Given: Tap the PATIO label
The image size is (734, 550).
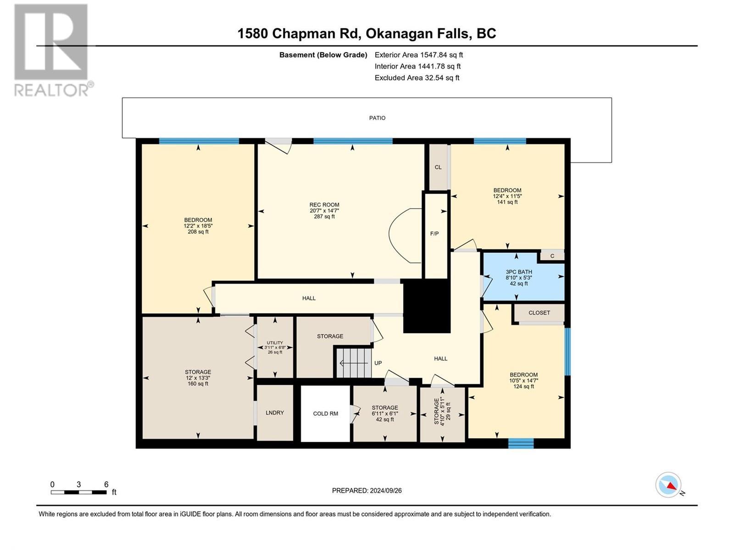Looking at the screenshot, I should (377, 118).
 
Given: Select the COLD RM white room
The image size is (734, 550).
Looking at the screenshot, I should (325, 413).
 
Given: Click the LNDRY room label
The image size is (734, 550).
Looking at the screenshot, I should (274, 412).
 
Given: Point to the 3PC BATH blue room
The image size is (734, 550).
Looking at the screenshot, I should (519, 278).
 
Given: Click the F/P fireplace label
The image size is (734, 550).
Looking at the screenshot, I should (434, 234).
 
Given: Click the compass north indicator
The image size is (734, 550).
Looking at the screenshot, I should (668, 485).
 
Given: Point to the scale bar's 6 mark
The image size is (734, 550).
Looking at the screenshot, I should (106, 485).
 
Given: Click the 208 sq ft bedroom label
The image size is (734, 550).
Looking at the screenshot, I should (198, 225).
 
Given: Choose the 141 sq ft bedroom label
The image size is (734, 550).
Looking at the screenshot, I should (507, 196).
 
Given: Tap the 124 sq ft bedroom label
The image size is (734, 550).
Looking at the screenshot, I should (523, 380).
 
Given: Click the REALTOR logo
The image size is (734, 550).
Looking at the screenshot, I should (51, 50).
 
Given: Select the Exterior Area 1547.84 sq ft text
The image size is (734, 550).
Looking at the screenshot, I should (418, 55).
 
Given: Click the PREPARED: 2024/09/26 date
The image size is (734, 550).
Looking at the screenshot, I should (367, 490).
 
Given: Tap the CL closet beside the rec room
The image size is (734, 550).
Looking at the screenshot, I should (438, 167).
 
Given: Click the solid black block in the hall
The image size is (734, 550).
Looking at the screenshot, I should (426, 306).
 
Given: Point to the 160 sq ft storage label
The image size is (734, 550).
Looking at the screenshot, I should (198, 378).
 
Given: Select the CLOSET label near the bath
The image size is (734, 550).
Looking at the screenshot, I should (539, 313).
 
